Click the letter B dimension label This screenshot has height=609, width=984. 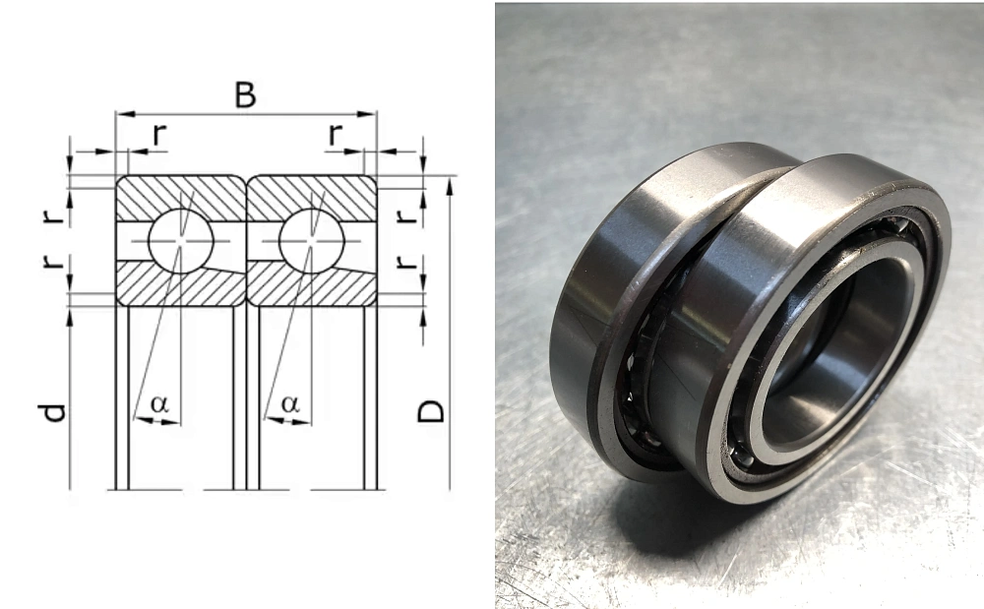[245, 95]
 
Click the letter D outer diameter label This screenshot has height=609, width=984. [431, 411]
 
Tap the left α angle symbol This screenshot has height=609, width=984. [160, 404]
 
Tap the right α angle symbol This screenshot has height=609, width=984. [290, 404]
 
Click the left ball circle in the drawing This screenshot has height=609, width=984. [181, 240]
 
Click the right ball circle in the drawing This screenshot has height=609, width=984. [311, 240]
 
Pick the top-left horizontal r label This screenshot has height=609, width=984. [160, 134]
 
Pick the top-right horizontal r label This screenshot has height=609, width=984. [336, 134]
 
